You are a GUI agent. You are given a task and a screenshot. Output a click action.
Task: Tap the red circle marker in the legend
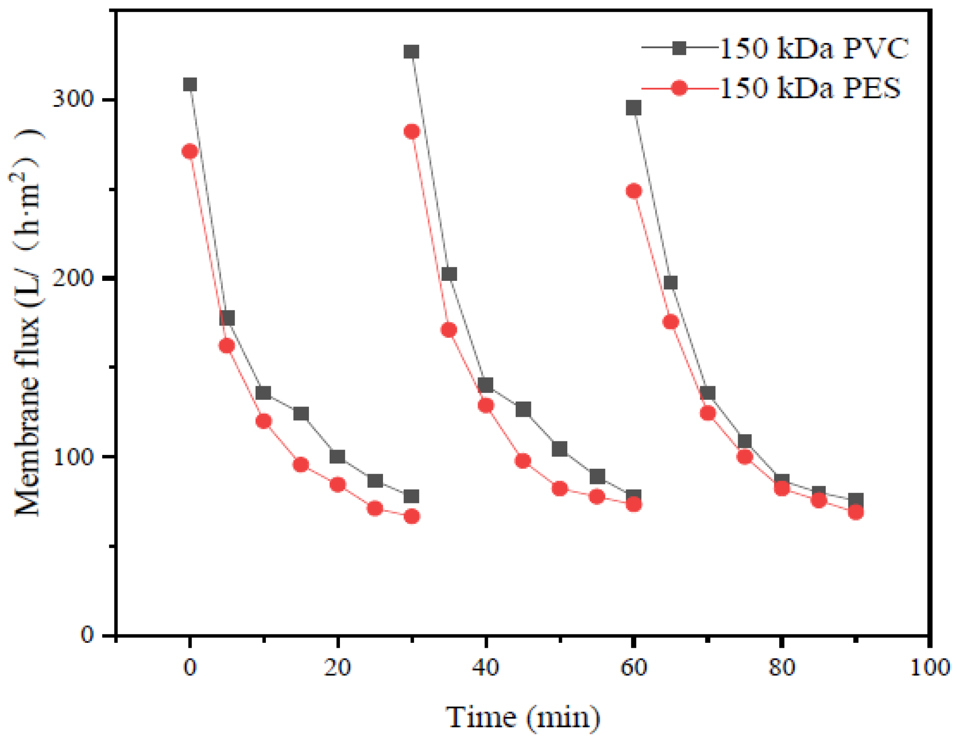679,88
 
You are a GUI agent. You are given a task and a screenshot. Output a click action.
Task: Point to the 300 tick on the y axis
72,99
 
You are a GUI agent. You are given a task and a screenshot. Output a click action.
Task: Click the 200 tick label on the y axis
72,278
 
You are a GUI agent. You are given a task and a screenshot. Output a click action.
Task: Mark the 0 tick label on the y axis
87,635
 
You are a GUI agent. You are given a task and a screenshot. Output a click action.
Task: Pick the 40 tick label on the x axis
485,668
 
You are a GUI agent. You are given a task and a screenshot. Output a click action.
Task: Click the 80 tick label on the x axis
781,668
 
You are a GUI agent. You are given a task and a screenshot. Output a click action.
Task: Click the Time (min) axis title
522,717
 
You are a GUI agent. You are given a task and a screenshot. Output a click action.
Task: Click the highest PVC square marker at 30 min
411,52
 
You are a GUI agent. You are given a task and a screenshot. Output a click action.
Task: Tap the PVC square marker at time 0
190,84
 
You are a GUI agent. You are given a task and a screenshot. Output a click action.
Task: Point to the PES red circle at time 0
190,152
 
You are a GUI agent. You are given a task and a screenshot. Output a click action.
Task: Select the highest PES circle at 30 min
412,132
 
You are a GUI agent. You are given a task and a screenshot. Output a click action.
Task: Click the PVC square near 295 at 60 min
633,108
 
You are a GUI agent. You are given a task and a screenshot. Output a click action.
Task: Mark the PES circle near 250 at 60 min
633,191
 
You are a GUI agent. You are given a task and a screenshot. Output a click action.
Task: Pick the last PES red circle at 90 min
856,512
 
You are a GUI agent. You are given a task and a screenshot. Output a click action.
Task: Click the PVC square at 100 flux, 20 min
337,457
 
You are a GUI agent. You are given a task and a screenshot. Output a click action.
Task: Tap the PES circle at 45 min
523,461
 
